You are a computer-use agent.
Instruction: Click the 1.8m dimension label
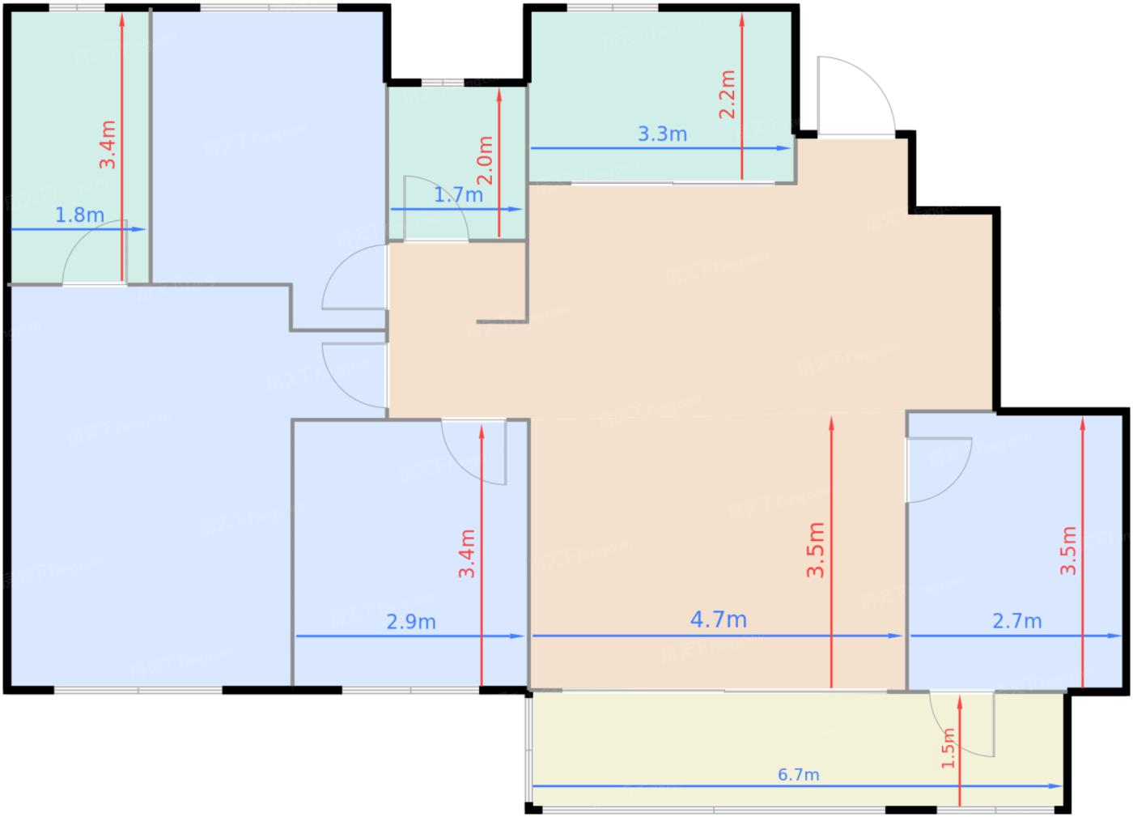[79, 215]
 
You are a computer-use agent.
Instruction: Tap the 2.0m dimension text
[485, 160]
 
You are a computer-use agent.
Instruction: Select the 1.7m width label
[458, 195]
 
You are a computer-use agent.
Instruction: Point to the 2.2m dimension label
[727, 95]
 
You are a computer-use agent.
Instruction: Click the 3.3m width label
[662, 134]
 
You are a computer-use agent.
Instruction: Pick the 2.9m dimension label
[411, 622]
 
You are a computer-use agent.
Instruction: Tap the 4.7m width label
[719, 620]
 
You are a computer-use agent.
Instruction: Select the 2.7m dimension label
[1017, 622]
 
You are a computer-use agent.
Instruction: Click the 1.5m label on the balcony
[948, 748]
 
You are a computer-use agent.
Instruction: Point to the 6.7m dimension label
[798, 775]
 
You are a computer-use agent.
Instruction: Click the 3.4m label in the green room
[107, 145]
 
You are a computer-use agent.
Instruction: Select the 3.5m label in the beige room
[816, 550]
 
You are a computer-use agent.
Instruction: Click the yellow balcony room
[798, 749]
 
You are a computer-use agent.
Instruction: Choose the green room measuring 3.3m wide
[661, 96]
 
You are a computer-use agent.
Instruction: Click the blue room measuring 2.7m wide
[1014, 551]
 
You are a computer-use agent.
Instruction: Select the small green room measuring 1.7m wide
[456, 162]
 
